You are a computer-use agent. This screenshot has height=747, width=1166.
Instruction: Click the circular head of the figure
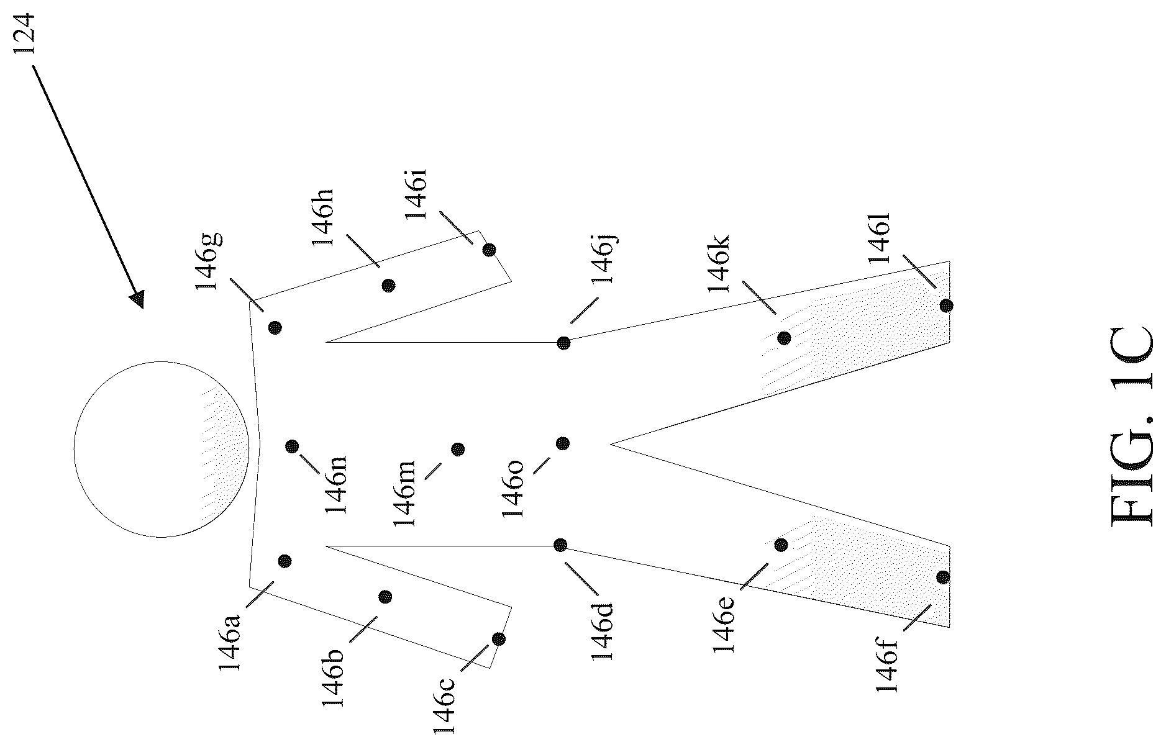(x=162, y=448)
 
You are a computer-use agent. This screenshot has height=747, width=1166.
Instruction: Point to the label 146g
(x=209, y=261)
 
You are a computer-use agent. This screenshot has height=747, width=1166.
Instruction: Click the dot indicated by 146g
(x=275, y=327)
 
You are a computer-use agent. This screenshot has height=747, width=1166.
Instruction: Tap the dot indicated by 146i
(x=490, y=250)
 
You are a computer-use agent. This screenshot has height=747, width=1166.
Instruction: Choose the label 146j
(x=603, y=258)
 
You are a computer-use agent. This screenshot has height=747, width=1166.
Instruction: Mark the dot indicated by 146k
(x=784, y=338)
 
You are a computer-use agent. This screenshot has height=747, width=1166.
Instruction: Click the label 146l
(x=880, y=238)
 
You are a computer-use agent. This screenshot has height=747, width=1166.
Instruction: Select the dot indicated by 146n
(x=293, y=446)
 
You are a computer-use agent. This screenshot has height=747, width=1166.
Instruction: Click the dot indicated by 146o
(x=563, y=443)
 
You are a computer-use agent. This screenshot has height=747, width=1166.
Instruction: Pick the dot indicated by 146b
(x=385, y=597)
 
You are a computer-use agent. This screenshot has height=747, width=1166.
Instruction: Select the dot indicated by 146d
(x=560, y=545)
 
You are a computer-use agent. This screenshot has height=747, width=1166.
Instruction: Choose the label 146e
(x=724, y=623)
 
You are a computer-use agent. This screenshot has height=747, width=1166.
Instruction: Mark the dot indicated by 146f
(x=943, y=577)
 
